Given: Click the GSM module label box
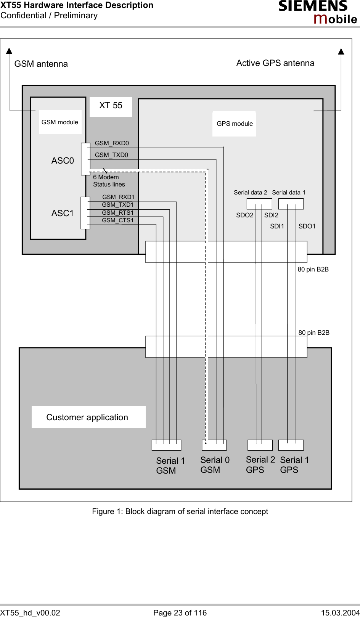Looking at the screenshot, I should pos(60,122).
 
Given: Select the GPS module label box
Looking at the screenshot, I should pos(234,124).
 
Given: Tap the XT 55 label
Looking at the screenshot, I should pos(111,106).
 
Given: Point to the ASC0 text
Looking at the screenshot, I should pos(63,161).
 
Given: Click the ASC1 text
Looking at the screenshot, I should pos(63,214).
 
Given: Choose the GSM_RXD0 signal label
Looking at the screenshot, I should pos(112,143).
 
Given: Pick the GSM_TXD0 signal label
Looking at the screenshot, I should pos(111,155).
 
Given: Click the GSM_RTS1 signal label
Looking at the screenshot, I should pos(118,213).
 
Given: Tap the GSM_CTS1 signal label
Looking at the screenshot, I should pos(118,220).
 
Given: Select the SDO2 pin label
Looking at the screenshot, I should pos(244,215).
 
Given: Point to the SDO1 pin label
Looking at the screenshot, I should pos(307,227).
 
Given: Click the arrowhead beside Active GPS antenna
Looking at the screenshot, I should pos(341,51).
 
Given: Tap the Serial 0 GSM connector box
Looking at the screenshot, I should pos(214,445).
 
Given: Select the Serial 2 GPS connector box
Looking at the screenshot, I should pos(260,445).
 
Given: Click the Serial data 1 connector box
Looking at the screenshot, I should pos(291,204).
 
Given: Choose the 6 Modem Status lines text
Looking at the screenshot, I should pos(109,181).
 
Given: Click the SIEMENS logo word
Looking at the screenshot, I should pos(313,6).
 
